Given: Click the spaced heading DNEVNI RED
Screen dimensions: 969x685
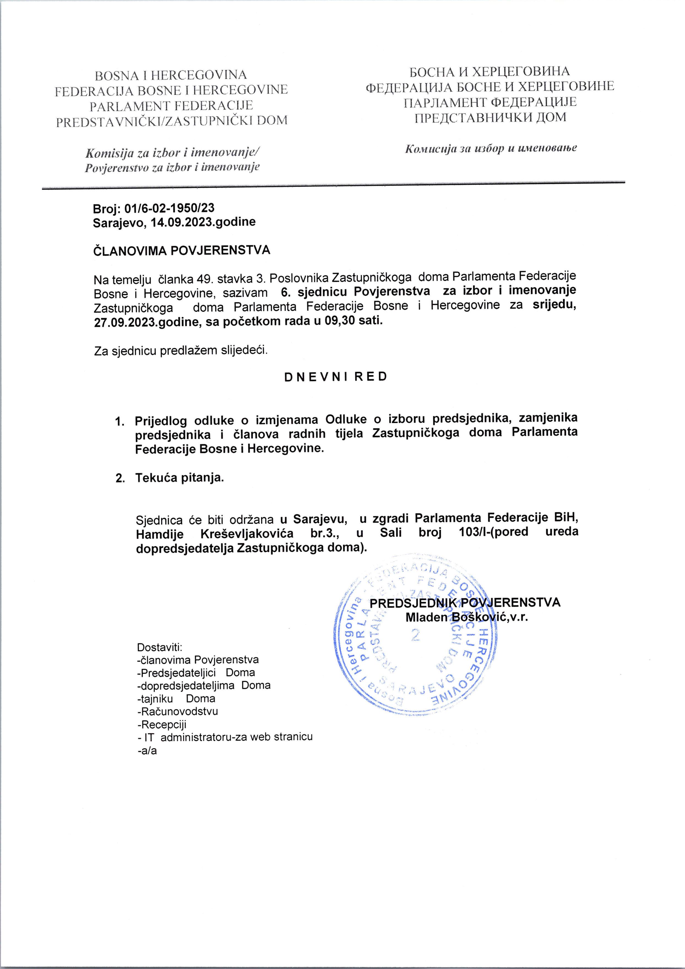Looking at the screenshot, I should coord(336,377).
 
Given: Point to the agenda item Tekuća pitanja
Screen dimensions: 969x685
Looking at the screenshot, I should coord(179,478).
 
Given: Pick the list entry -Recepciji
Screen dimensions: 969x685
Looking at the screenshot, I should coord(162,724).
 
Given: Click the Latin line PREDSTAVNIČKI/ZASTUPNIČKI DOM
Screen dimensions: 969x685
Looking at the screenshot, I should coord(172,121).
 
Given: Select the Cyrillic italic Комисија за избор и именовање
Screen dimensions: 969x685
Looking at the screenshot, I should coord(491,149).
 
